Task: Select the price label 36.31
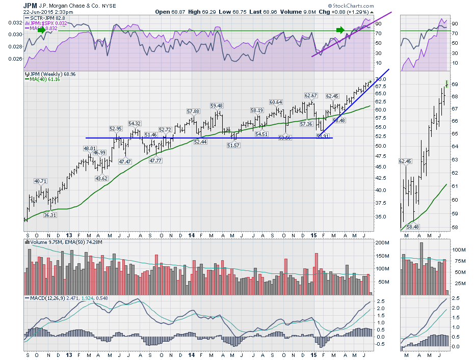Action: click(x=50, y=215)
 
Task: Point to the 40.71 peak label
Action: click(x=41, y=181)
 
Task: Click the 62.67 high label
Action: click(x=311, y=96)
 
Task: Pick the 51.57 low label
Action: click(x=233, y=146)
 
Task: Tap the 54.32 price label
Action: click(x=135, y=123)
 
